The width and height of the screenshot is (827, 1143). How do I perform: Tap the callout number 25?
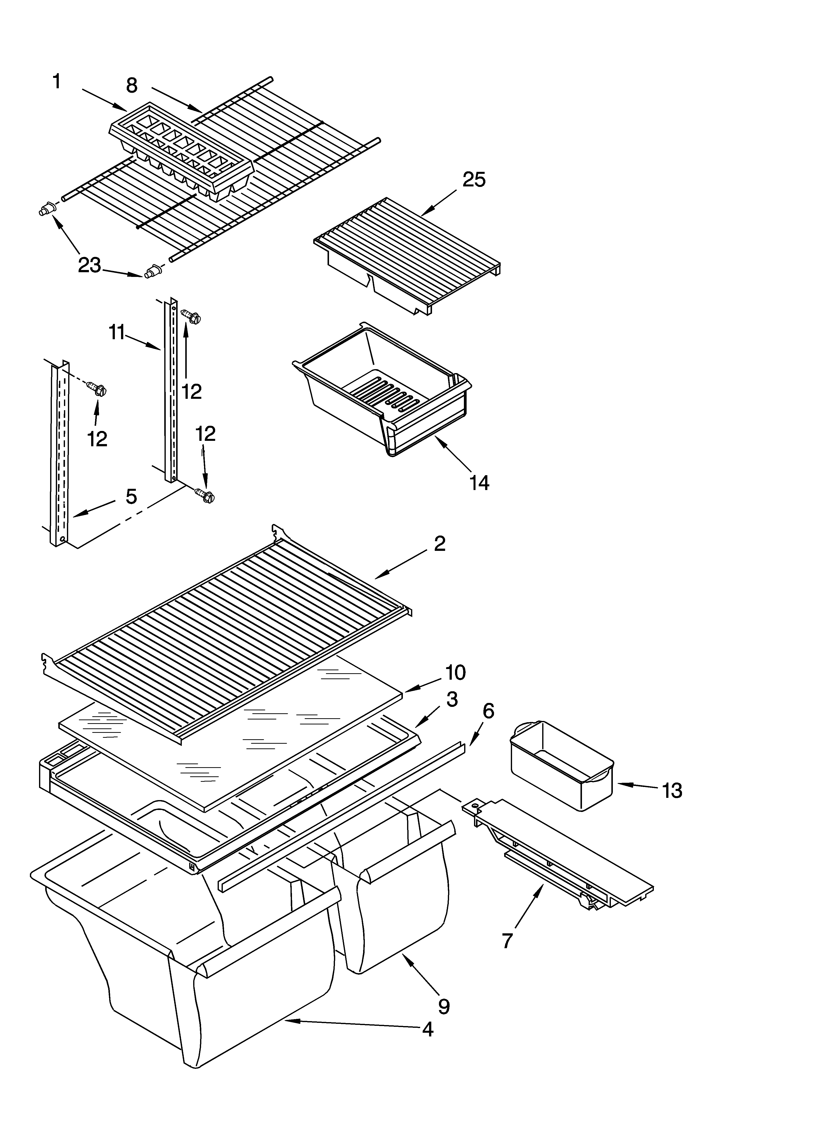coord(474,179)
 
